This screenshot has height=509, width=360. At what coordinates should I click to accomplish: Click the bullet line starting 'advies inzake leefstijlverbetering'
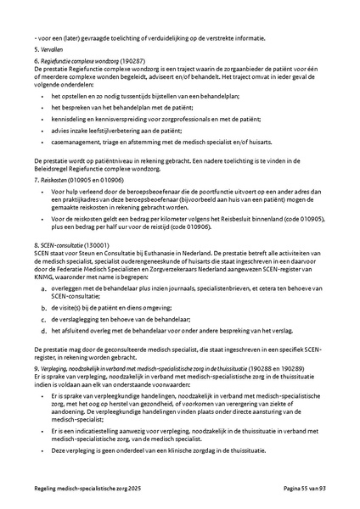click(x=123, y=132)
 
